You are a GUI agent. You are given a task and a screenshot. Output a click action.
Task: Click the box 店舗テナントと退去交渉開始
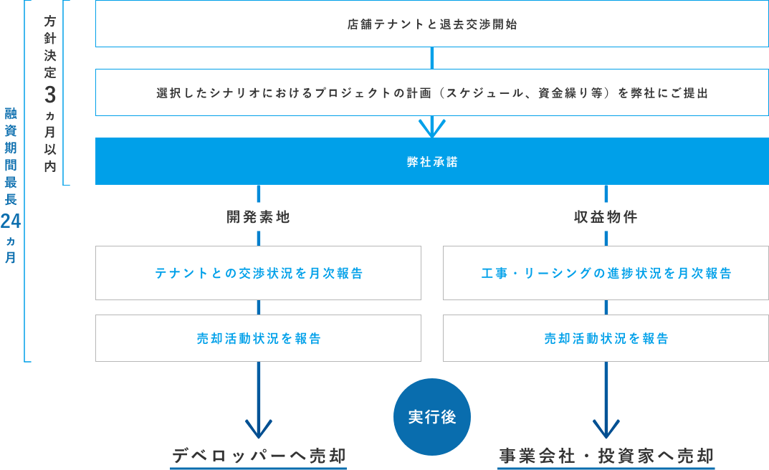point(431,24)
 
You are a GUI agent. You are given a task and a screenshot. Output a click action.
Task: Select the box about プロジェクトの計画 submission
point(431,93)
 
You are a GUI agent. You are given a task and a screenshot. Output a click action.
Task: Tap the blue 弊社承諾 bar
point(431,162)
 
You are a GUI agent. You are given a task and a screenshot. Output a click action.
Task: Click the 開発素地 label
point(258,217)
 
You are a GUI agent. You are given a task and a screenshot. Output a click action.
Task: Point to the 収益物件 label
point(606,217)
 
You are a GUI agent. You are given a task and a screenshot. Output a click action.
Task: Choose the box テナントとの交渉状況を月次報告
point(258,273)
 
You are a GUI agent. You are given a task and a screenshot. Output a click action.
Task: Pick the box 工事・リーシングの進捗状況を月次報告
point(606,273)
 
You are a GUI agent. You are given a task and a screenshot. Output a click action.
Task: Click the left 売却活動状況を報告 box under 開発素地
point(258,338)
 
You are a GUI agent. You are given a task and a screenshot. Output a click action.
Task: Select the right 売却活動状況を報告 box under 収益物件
point(606,338)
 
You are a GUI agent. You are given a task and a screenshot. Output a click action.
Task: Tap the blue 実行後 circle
point(432,417)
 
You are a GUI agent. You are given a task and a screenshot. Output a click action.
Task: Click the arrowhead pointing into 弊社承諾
point(432,129)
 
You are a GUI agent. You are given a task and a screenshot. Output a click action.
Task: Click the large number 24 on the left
point(11,221)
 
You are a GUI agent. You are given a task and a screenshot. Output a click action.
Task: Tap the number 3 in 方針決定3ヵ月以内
point(49,95)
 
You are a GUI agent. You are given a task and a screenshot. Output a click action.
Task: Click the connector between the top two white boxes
point(432,58)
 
